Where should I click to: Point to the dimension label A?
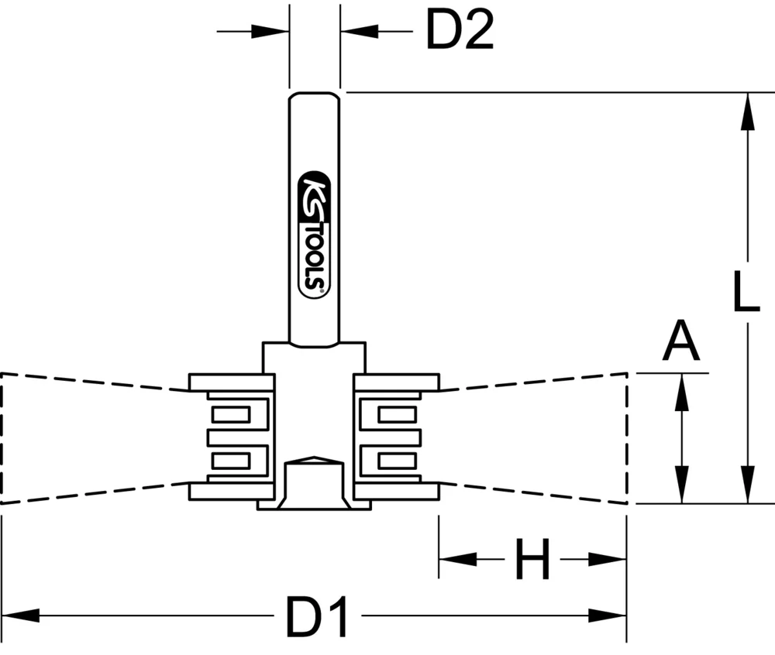(681, 343)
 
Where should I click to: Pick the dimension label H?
(532, 560)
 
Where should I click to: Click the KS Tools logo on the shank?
(315, 232)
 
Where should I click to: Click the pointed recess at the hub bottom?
(314, 460)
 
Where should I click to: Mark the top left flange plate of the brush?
(232, 382)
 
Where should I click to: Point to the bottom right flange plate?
(397, 490)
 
